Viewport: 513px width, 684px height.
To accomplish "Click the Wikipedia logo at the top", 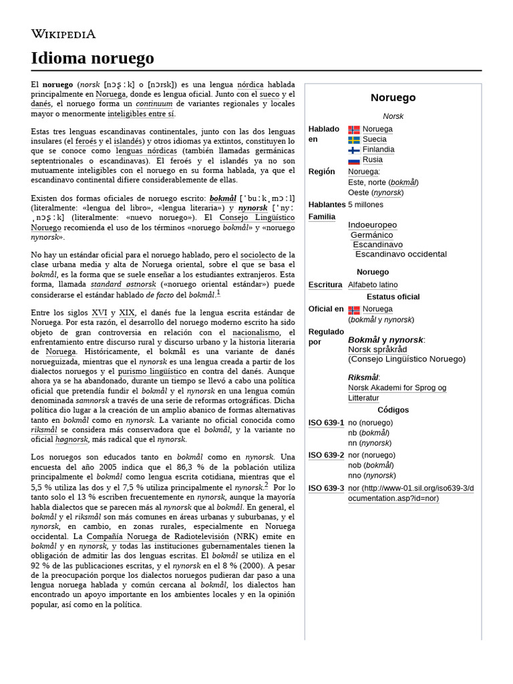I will (63, 34).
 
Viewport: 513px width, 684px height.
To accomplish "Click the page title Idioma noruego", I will (92, 58).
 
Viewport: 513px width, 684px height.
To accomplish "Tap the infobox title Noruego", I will (393, 98).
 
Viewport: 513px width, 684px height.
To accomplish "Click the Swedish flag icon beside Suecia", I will (353, 140).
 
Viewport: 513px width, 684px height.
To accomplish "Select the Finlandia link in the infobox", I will (378, 150).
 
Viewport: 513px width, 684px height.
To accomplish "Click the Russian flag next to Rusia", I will (353, 160).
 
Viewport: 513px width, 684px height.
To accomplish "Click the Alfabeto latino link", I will (373, 285).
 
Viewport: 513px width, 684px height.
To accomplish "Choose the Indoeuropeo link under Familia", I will (372, 225).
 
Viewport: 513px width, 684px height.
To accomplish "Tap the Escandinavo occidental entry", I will (401, 254).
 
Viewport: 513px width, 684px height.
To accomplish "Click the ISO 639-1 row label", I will (326, 423).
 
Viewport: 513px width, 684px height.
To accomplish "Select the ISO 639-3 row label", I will (326, 488).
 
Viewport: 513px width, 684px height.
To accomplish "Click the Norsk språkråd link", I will (377, 349).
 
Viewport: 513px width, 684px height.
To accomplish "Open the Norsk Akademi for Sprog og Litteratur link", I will (397, 393).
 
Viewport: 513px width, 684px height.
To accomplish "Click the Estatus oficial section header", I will (393, 297).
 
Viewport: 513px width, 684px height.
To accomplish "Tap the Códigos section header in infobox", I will (393, 409).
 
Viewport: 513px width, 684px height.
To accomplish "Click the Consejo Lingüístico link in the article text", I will (257, 218).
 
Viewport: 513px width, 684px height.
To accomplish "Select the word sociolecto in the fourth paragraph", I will (258, 255).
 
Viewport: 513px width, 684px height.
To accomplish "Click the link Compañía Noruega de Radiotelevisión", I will (157, 536).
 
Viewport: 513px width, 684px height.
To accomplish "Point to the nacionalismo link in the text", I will (256, 332).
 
